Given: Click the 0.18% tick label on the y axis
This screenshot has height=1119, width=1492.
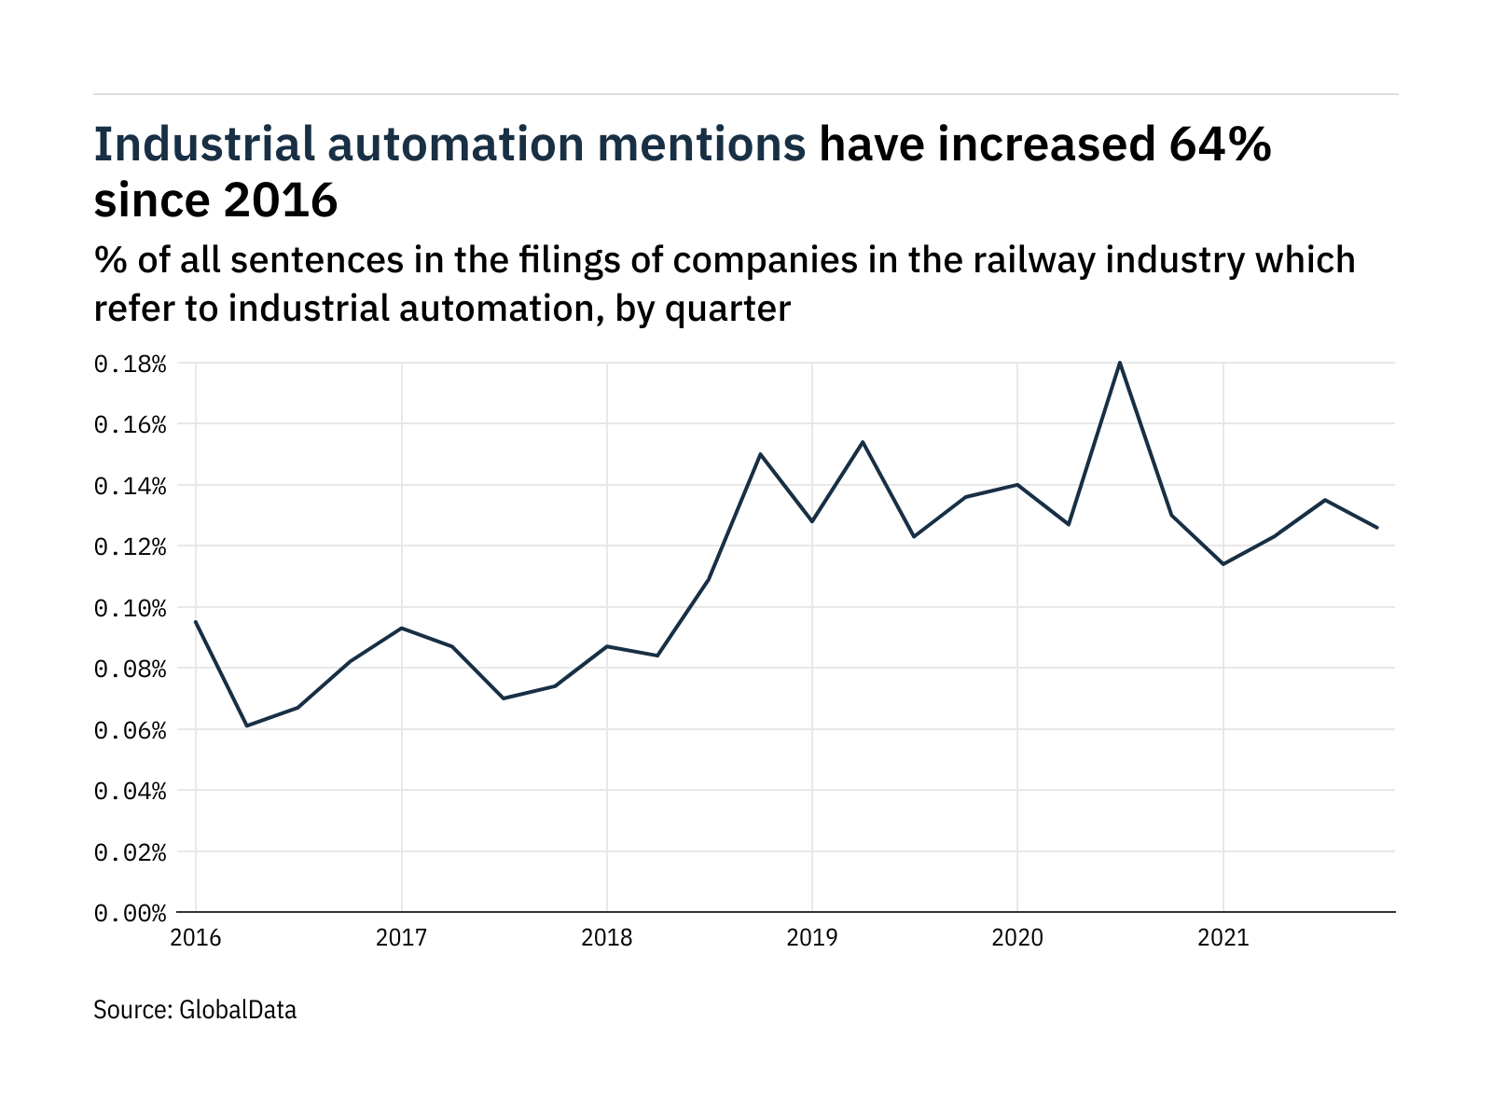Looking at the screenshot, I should point(130,364).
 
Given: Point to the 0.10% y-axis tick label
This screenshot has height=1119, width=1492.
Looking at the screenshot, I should point(130,608).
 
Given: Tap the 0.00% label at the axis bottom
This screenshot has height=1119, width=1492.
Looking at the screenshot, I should point(130,913).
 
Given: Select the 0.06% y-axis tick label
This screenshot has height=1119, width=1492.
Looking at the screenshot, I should point(130,730).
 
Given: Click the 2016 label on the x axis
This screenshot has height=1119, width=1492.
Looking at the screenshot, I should point(196,937).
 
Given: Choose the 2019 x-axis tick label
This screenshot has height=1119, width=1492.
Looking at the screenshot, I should point(812,937).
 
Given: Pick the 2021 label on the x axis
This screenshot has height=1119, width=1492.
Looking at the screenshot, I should point(1223,937).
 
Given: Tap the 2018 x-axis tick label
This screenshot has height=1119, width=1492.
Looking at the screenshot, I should point(607,937).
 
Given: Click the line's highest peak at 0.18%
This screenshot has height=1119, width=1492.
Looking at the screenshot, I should point(1120,363).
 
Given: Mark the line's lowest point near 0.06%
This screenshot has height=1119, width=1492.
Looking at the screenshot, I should point(247,725).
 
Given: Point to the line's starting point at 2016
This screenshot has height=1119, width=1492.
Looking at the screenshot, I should point(196,622).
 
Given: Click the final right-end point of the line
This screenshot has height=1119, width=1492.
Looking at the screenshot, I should point(1377,528).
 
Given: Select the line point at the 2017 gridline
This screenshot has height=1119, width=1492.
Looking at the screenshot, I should point(402,628).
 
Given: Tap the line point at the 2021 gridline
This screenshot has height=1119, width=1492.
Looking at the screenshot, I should point(1223,564).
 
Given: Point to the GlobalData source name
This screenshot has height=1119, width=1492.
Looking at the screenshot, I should point(237,1010).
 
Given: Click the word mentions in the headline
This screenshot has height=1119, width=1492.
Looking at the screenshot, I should point(701,145).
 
